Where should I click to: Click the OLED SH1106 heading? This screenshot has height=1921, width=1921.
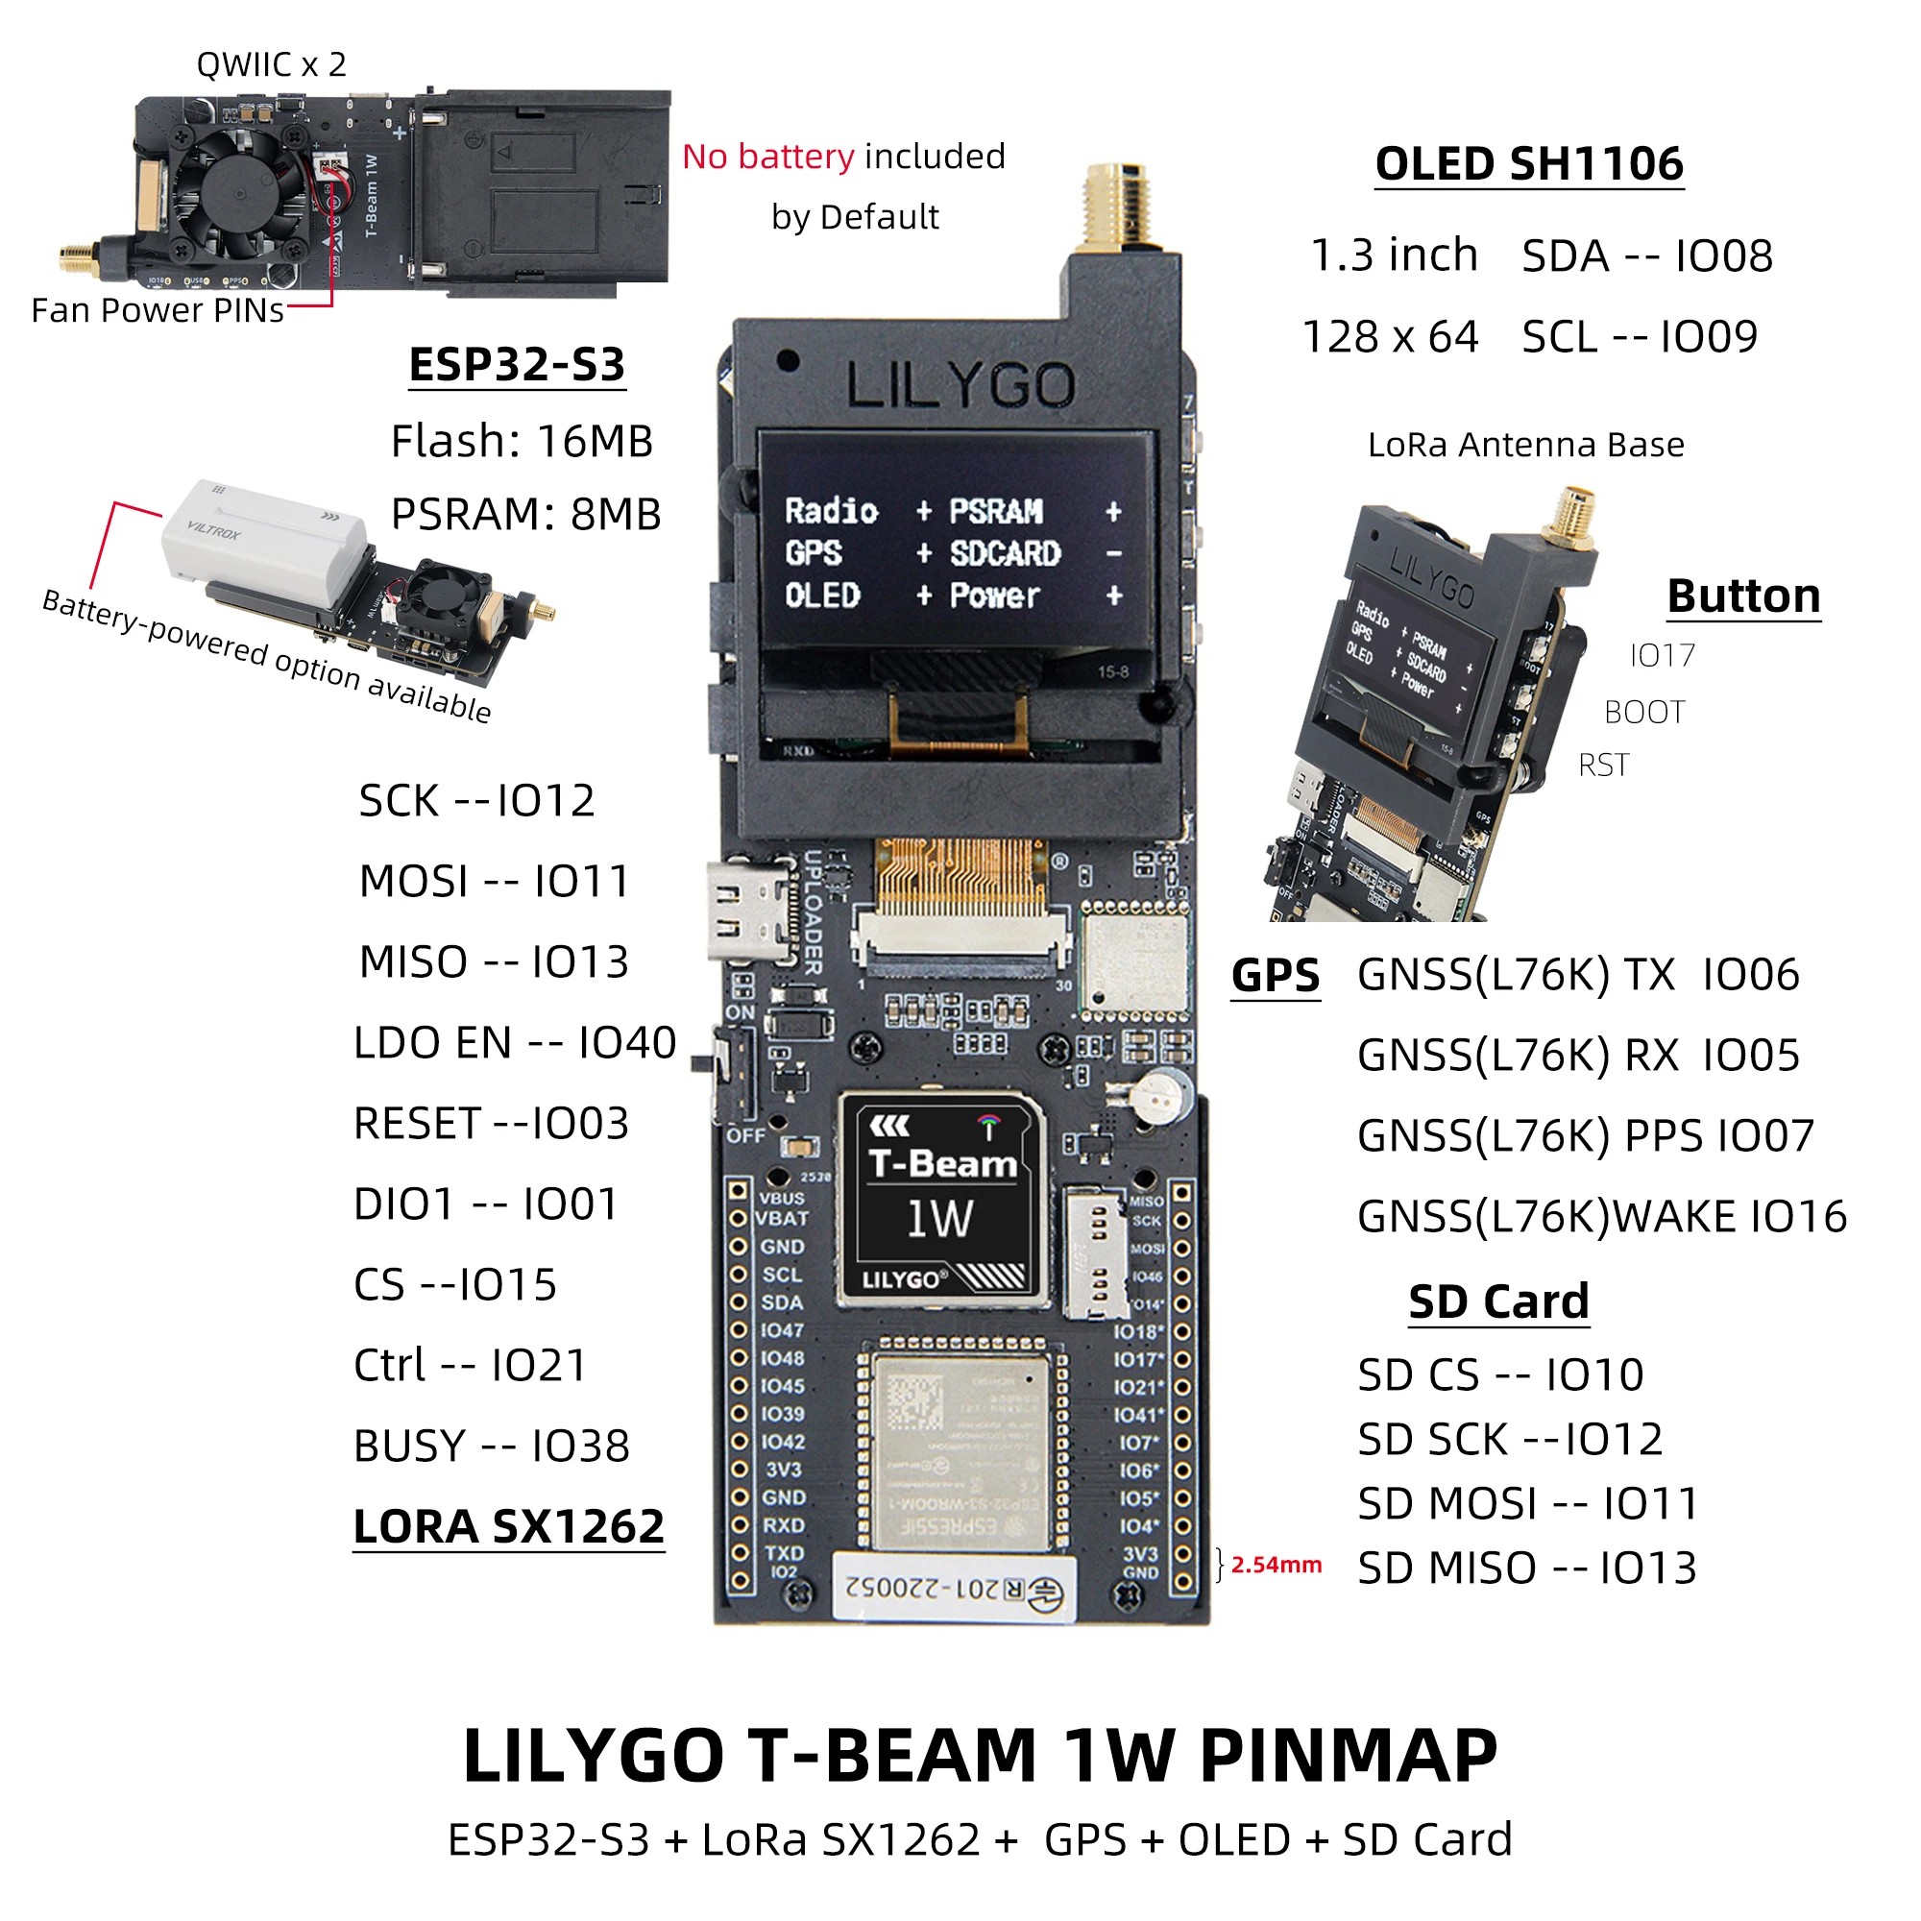point(1528,164)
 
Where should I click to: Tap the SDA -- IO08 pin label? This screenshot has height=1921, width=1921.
point(1646,256)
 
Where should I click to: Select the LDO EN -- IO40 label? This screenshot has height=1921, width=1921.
point(514,1043)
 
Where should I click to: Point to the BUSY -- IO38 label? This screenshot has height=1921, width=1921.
point(491,1447)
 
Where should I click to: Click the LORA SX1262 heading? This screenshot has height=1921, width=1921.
point(508,1527)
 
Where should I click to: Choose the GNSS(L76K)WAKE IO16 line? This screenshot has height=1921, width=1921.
point(1601,1217)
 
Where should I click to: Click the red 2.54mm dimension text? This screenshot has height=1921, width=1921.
point(1276,1565)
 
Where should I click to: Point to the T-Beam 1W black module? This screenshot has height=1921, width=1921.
point(942,1199)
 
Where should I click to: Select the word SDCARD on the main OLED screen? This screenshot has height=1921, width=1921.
point(1005,554)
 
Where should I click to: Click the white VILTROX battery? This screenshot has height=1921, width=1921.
point(263,535)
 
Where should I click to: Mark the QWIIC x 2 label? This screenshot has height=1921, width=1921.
point(272,64)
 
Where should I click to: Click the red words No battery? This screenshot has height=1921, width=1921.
point(767,158)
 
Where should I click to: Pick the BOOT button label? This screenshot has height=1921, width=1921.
point(1643,713)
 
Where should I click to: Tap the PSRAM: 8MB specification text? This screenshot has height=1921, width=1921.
point(525,515)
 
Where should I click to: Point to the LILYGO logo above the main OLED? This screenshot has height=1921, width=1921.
point(960,386)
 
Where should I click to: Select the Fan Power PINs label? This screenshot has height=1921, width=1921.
point(158,311)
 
